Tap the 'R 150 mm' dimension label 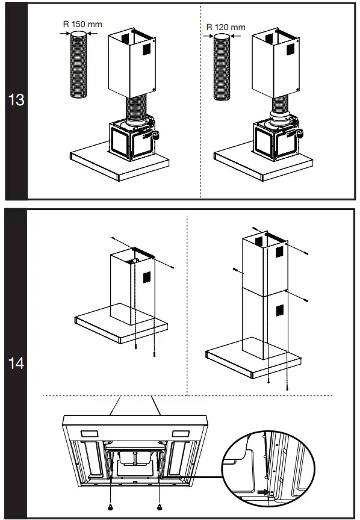coord(82,25)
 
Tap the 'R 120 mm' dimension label coord(226,27)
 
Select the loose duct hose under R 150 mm coord(79,66)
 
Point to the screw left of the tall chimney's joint coord(234,270)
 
